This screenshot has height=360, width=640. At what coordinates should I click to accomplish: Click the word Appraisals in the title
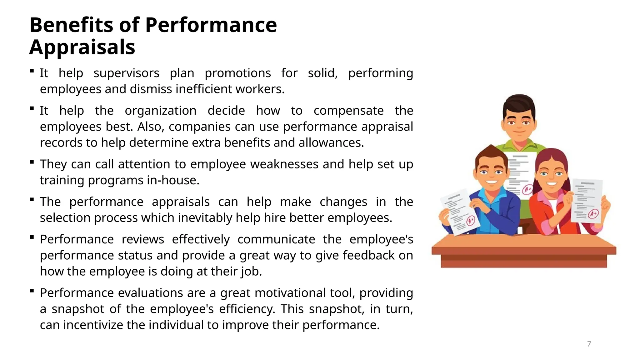(82, 47)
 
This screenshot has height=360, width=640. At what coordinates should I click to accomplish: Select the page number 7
(589, 344)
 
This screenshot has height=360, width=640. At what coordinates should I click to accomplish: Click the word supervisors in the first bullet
(126, 73)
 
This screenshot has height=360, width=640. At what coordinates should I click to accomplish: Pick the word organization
(161, 111)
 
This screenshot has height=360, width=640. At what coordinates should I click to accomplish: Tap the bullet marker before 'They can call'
(32, 162)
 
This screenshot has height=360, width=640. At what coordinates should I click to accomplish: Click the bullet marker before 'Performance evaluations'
(32, 291)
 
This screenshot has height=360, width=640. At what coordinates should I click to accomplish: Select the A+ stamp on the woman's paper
(593, 214)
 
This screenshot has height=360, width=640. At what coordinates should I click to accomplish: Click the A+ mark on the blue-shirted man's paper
(471, 221)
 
